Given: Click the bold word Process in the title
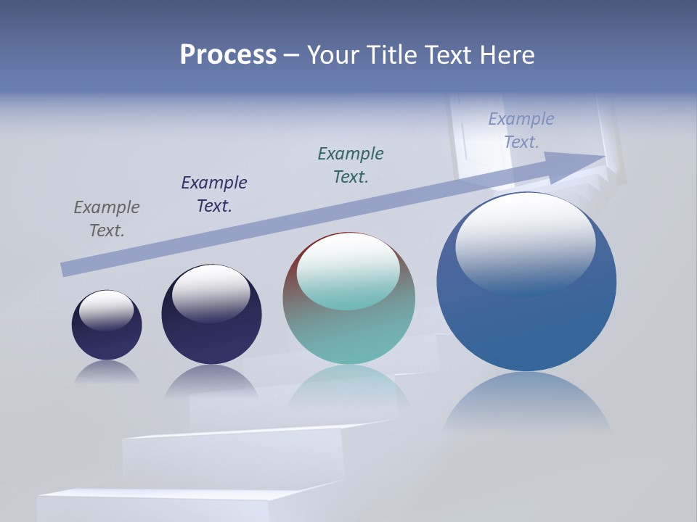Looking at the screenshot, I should point(228,55).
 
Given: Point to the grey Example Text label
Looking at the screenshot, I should point(107,219).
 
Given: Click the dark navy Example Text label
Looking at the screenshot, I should point(214,194).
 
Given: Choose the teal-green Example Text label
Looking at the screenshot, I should point(351,165).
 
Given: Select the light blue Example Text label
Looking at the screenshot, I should point(521,130).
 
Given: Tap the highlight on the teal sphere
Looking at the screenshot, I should point(348,270).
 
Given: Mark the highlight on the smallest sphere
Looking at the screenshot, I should point(106,309).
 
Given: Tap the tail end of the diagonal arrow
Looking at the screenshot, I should point(65,269).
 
